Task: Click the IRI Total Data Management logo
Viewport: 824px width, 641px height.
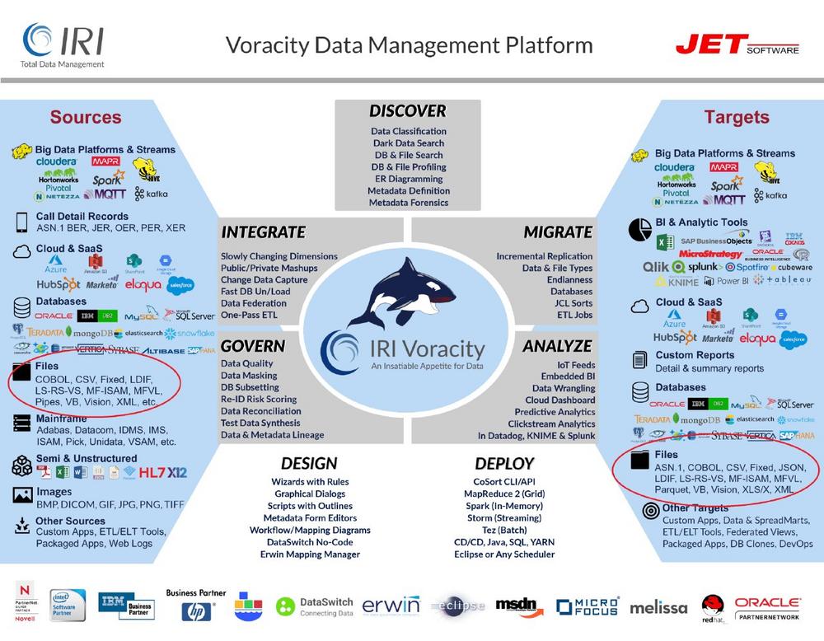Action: [63, 44]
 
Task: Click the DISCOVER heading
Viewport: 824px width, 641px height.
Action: [407, 111]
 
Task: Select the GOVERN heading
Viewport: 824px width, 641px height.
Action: [253, 346]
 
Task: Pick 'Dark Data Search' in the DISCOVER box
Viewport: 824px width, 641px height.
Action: [408, 143]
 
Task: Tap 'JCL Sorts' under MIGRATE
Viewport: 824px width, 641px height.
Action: [572, 303]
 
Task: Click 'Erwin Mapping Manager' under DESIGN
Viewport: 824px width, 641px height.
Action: [309, 554]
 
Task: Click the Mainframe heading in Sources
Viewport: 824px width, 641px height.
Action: [63, 418]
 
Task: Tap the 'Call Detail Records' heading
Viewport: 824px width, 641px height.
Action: [82, 217]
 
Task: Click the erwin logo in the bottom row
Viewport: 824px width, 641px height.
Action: [391, 606]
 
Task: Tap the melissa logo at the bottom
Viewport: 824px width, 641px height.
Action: [658, 608]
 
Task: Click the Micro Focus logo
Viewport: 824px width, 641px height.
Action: [587, 607]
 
